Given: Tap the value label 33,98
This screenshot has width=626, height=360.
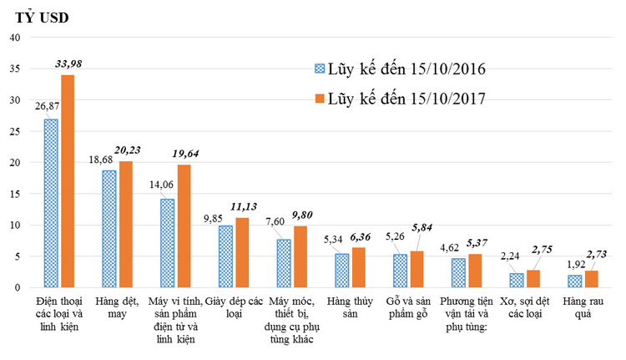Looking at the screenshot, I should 68,64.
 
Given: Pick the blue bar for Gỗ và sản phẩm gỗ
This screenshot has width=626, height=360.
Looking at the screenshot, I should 400,271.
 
